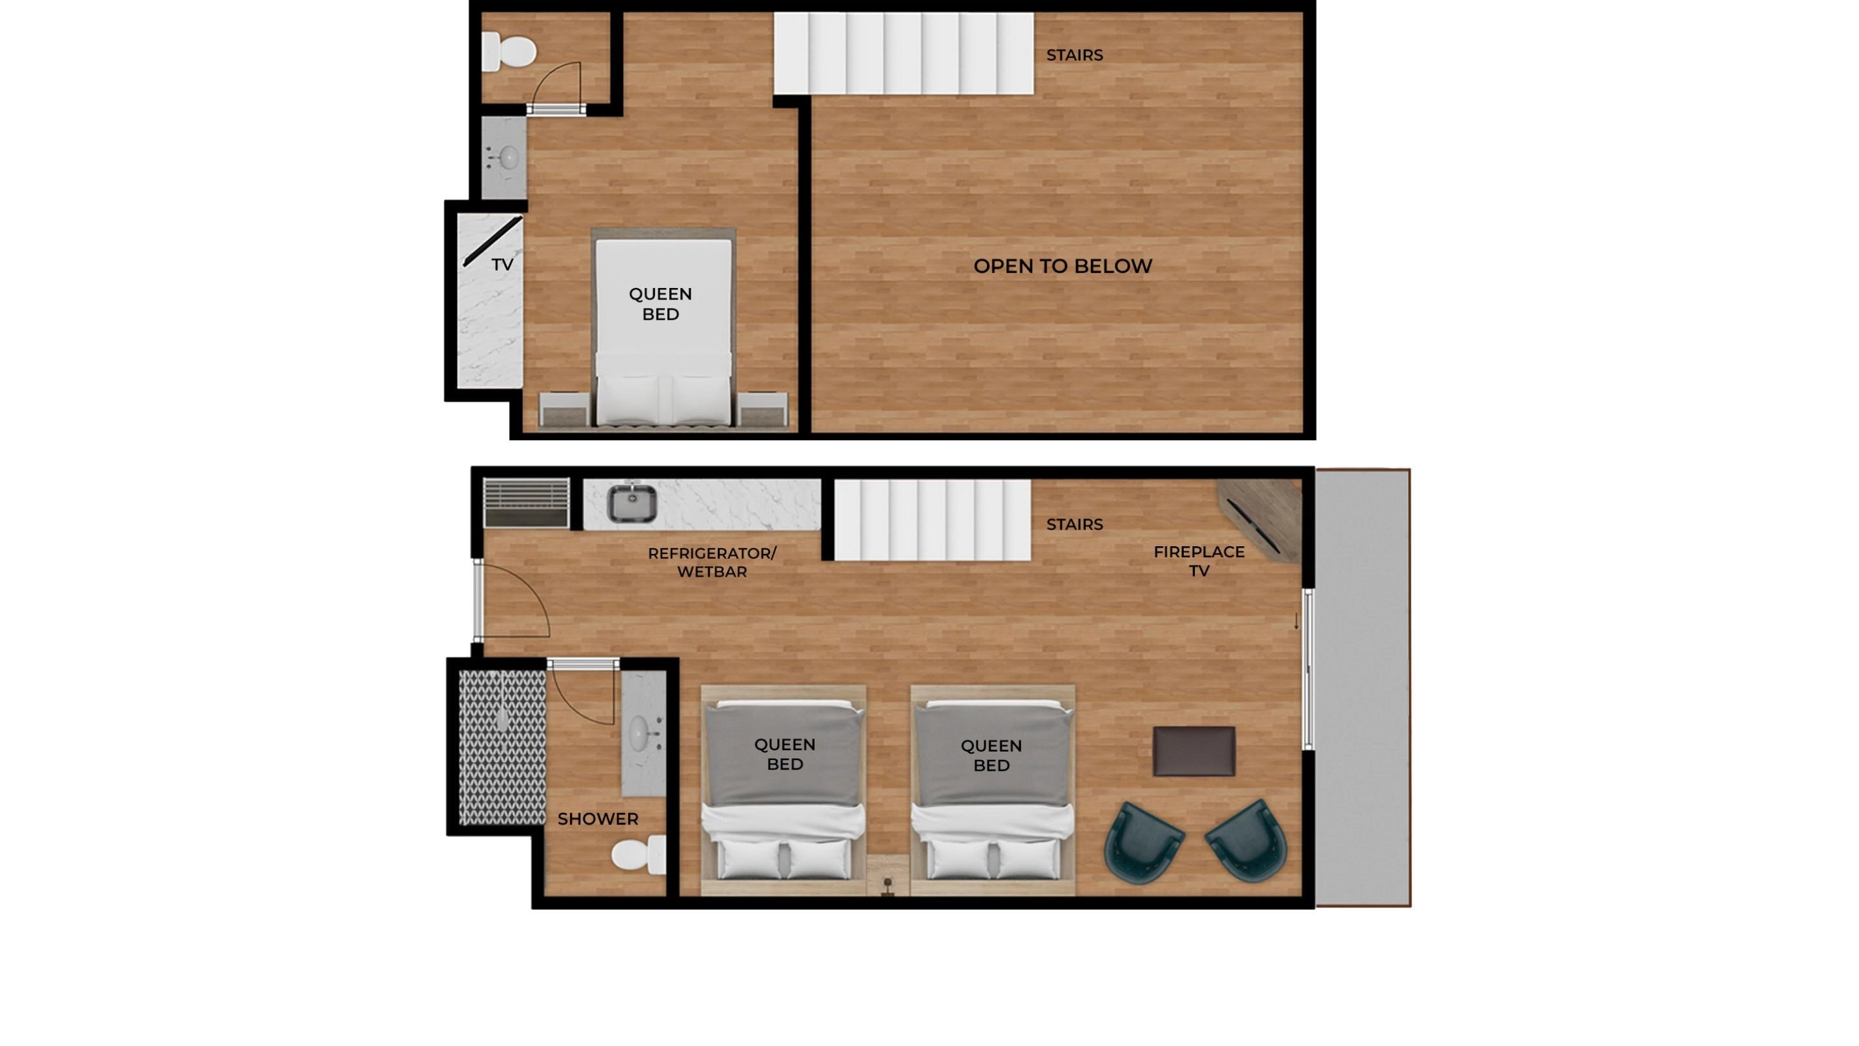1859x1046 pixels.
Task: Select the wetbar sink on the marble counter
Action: [x=631, y=503]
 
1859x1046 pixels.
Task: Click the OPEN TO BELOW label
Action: [x=1062, y=267]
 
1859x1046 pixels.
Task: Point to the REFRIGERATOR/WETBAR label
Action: [x=711, y=562]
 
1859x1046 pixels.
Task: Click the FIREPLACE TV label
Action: [x=1199, y=561]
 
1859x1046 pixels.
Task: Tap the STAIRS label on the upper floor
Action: [x=1074, y=56]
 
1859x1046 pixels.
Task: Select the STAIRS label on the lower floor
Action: [x=1074, y=525]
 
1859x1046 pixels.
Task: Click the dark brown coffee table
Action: [x=1194, y=752]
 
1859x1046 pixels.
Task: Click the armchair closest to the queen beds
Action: [x=1143, y=843]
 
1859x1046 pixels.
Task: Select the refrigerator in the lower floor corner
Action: [x=526, y=503]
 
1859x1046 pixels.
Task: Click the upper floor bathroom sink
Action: [x=508, y=158]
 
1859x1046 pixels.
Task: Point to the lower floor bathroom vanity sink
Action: [x=640, y=733]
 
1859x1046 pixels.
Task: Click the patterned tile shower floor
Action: [x=502, y=747]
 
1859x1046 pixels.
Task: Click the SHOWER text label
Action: [x=598, y=819]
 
